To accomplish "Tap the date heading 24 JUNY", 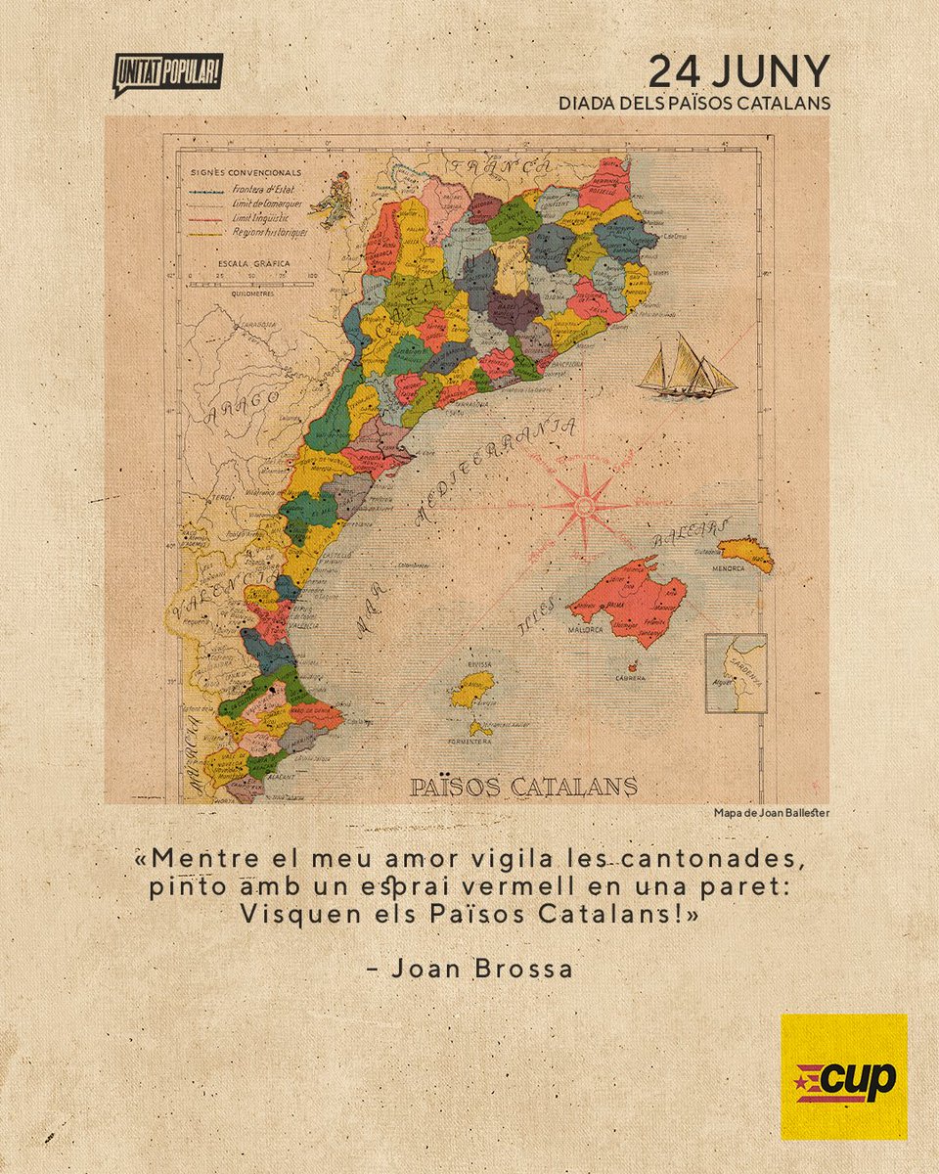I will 739,70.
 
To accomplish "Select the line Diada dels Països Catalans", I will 693,103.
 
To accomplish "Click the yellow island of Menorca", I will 748,553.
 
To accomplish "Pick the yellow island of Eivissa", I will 473,688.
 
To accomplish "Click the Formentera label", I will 471,742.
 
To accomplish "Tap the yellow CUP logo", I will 843,1076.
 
